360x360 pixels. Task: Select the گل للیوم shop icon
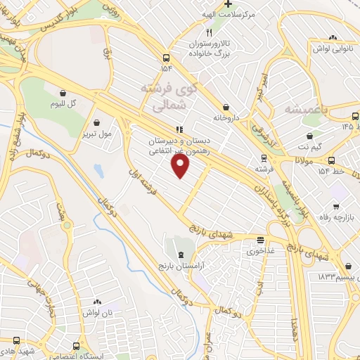coord(64,92)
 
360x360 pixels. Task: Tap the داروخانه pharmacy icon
coord(226,99)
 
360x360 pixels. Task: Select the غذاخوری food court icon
coord(260,240)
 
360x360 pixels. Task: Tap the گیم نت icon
coord(309,136)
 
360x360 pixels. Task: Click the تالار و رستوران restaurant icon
coord(209,32)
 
